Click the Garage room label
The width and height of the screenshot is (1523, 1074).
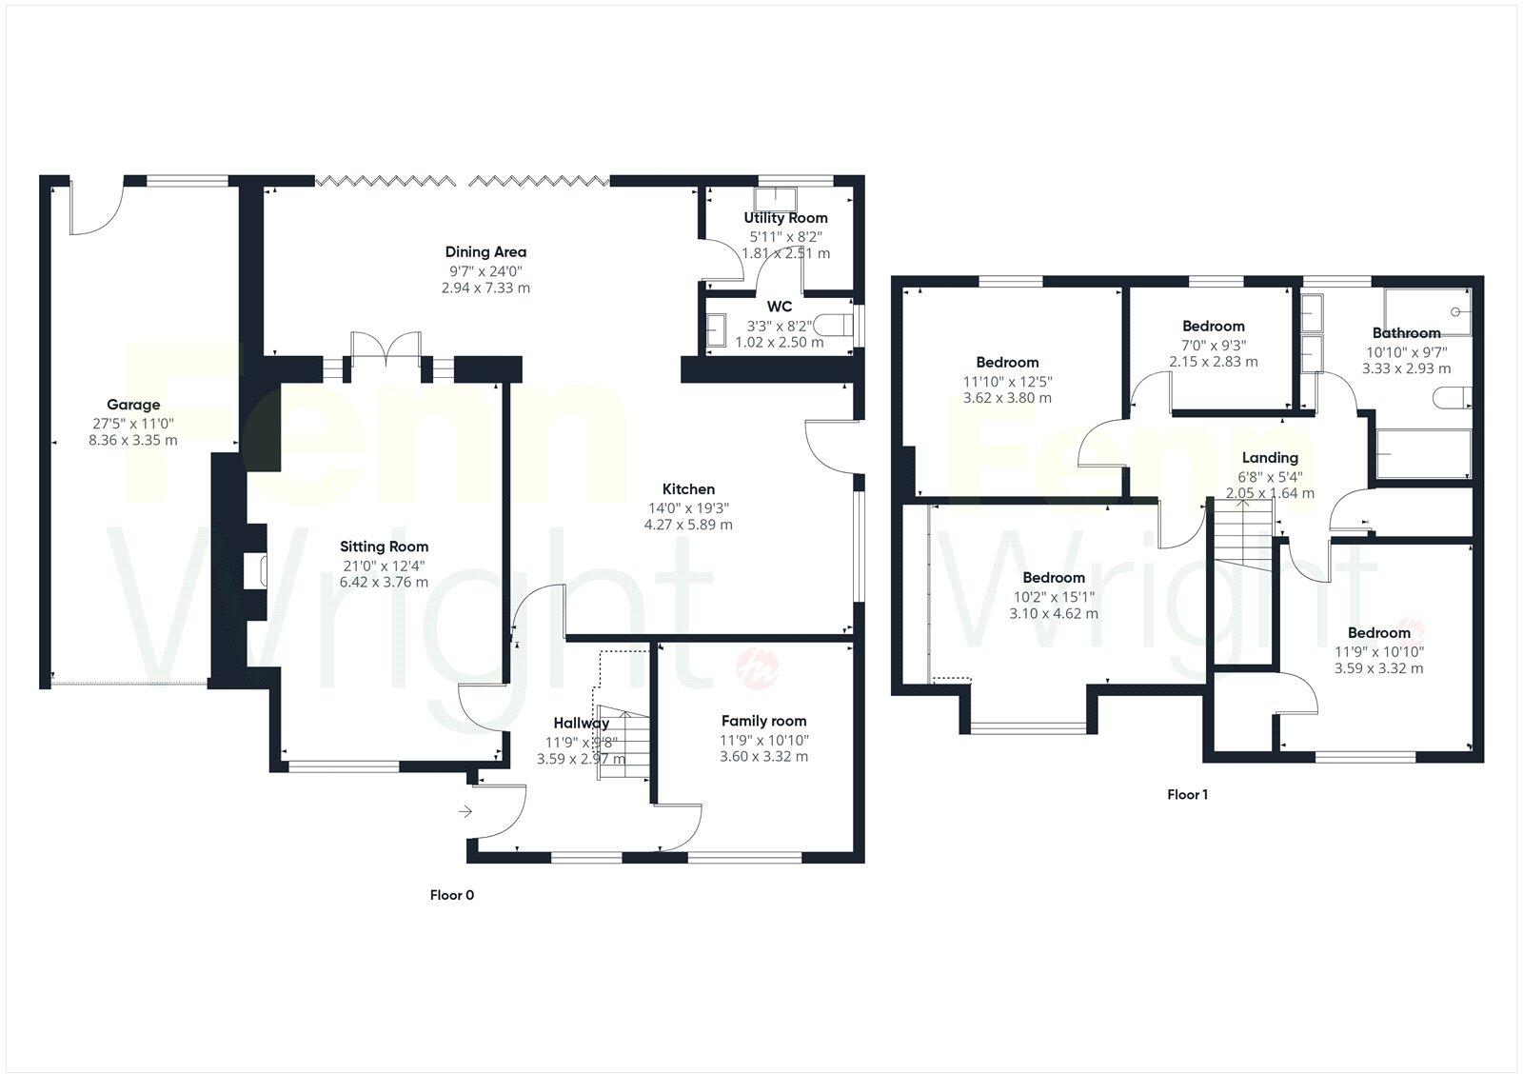[133, 405]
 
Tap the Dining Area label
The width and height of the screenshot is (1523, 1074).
[485, 252]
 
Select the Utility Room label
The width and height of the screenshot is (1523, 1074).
[785, 218]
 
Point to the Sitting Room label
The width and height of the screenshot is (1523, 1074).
[385, 547]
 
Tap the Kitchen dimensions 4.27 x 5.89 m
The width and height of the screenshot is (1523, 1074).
[688, 525]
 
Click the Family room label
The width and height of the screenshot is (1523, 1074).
[763, 722]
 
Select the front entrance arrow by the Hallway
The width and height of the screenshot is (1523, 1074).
[465, 811]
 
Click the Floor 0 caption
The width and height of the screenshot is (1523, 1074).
[451, 895]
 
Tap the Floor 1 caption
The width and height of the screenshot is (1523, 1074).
[1187, 794]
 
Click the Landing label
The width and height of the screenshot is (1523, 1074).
[1270, 458]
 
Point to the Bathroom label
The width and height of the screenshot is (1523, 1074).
[1406, 333]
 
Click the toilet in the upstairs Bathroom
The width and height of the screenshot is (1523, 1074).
[1454, 398]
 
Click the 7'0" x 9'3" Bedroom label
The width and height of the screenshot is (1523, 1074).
[1214, 326]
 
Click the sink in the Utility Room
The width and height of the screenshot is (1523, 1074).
[776, 198]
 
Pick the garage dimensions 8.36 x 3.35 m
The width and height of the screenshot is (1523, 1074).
[133, 440]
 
